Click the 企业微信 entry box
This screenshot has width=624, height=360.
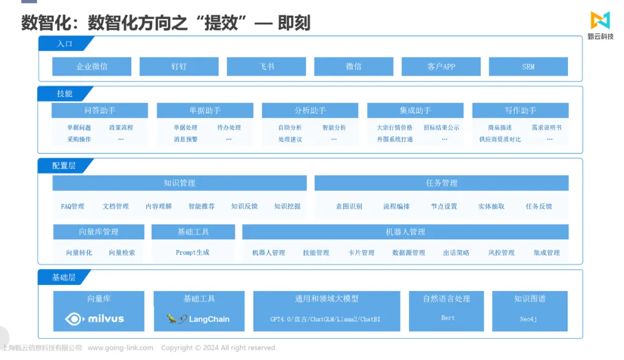[x=91, y=66]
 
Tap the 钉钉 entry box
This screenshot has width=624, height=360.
[x=179, y=66]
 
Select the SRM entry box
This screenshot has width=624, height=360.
[x=528, y=66]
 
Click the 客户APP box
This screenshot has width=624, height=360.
[x=441, y=66]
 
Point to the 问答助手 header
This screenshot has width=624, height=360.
[x=99, y=110]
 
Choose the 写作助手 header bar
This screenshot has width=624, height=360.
[x=520, y=110]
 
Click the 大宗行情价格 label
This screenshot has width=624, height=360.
[x=395, y=128]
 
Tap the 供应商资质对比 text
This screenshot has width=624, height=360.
[x=500, y=139]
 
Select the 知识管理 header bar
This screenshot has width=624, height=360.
[x=180, y=183]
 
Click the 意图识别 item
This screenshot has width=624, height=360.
[x=349, y=206]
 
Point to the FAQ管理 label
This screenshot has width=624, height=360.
[x=72, y=206]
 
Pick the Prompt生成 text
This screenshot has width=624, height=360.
[x=192, y=252]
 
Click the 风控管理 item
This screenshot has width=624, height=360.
[x=502, y=253]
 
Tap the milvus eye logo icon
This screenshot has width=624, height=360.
[x=75, y=318]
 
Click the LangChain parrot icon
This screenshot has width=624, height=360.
[x=172, y=318]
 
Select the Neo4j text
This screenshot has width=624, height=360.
[x=529, y=319]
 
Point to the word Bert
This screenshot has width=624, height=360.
[x=448, y=318]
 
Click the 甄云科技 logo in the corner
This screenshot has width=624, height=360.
[x=600, y=25]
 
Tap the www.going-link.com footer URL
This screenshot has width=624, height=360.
[x=120, y=348]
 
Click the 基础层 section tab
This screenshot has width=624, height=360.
[x=64, y=277]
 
